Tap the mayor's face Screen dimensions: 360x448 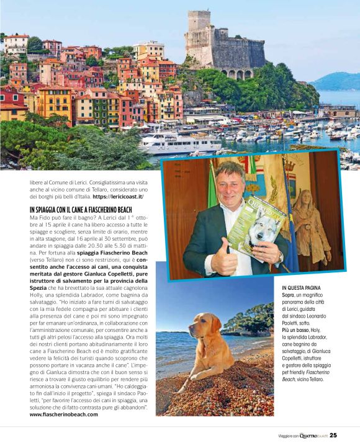[x=230, y=184]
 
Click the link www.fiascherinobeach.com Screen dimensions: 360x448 [x=63, y=414]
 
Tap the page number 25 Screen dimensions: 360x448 [x=333, y=435]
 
